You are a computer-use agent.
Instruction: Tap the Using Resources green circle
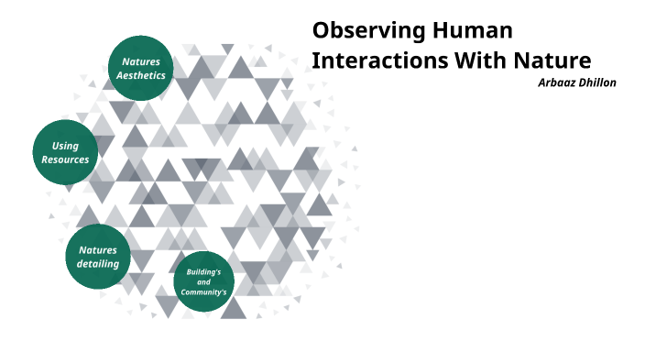coord(65,152)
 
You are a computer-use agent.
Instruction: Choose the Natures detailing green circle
coord(98,256)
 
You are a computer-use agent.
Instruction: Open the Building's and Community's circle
coord(203,281)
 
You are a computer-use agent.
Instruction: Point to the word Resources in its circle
coord(65,159)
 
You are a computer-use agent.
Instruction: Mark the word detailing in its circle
coord(98,264)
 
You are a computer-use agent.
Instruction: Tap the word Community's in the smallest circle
coord(203,291)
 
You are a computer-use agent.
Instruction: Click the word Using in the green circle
coord(65,146)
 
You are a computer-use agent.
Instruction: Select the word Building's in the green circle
coord(203,272)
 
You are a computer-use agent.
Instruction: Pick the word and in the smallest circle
coord(203,281)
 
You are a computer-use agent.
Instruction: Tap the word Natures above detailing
coord(98,249)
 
